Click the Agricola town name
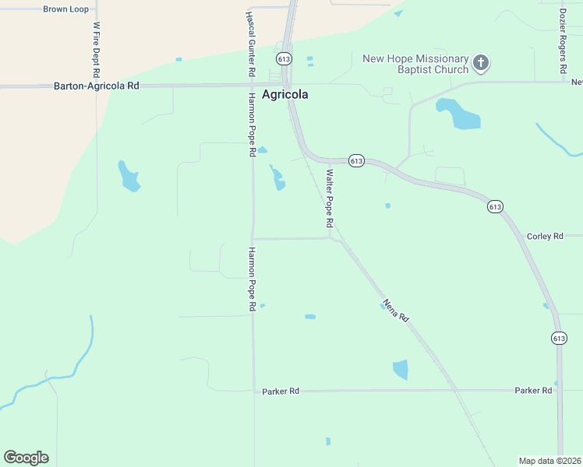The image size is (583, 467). [284, 94]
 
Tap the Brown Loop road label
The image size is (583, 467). [65, 9]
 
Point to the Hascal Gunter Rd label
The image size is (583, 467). [251, 44]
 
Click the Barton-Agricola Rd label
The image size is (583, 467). [96, 86]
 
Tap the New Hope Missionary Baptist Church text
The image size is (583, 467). [416, 65]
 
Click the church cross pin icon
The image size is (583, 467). [481, 63]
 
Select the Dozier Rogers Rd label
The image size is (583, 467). [563, 41]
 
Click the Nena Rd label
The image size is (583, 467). [395, 310]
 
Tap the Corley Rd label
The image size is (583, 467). [545, 236]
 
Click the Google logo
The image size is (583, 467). [26, 458]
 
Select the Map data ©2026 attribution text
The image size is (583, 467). [549, 460]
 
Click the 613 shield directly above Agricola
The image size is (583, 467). [284, 59]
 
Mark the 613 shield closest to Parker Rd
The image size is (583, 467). [559, 338]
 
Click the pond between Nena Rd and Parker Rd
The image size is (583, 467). [401, 369]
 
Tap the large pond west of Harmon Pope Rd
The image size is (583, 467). [129, 177]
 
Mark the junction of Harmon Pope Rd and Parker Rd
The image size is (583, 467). [254, 391]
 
